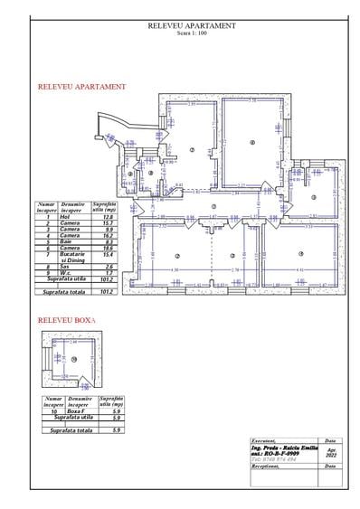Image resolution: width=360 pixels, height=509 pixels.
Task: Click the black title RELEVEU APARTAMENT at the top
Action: (191, 26)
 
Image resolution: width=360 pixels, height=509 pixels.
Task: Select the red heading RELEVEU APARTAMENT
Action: (81, 88)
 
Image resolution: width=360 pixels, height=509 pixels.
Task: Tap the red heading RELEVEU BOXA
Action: (67, 321)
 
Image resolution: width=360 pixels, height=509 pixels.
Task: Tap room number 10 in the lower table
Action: (54, 410)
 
